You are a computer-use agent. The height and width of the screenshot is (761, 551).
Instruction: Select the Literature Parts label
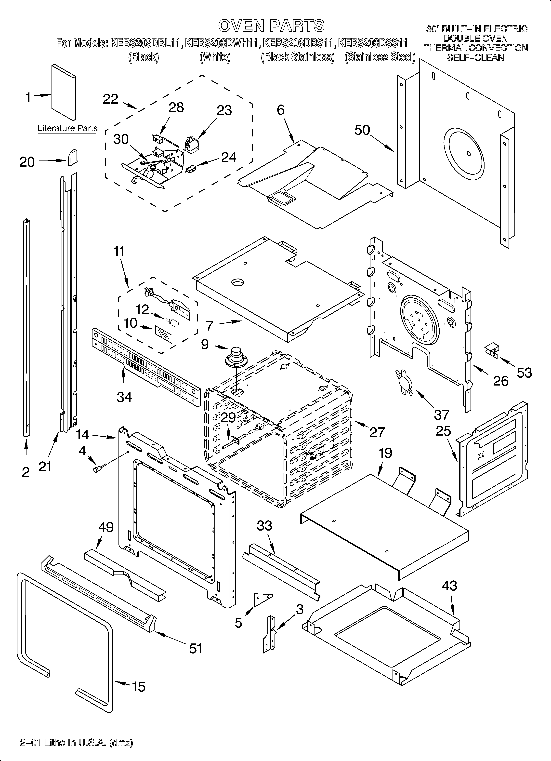click(x=67, y=128)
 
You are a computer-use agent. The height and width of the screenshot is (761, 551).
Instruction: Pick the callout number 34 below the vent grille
click(x=124, y=397)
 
